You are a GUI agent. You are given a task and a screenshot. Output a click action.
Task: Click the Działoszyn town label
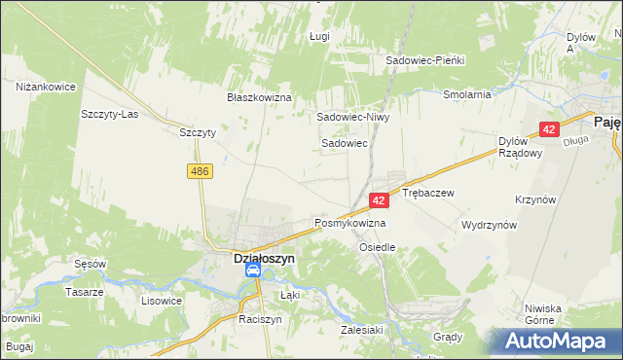[252, 259]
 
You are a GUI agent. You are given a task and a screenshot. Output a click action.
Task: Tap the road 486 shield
[200, 171]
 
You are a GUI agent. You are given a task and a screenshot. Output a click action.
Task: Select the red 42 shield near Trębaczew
[380, 199]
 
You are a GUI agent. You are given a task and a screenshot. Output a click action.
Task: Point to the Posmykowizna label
[349, 223]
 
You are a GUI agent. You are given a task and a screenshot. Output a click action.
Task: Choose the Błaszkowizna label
[260, 98]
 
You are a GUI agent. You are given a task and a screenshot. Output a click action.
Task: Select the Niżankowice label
[46, 87]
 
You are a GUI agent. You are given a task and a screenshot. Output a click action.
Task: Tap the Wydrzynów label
[489, 225]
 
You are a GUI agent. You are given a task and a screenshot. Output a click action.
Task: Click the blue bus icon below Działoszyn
[252, 274]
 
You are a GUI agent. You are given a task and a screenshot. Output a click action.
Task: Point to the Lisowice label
[162, 301]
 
